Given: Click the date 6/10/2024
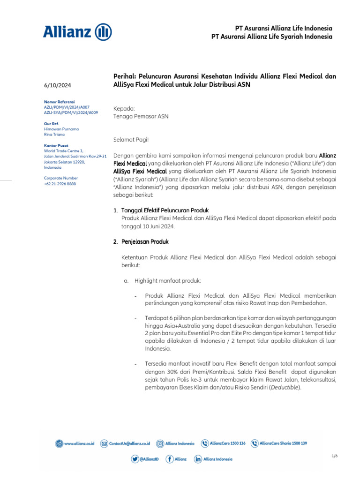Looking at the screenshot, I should click(58, 85).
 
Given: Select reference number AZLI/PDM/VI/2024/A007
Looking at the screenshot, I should click(67, 107).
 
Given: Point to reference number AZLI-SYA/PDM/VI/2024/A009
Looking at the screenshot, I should click(71, 113).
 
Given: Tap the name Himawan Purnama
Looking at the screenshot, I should click(61, 129).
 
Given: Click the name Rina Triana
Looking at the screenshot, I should click(55, 135).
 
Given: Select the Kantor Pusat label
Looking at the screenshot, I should click(56, 145).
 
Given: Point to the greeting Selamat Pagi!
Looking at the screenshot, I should click(131, 139).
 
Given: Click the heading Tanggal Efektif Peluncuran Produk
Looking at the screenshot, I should click(165, 210).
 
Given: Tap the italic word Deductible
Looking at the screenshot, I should click(285, 388).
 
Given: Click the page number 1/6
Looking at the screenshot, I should click(334, 456).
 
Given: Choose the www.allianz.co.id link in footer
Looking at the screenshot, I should click(79, 443).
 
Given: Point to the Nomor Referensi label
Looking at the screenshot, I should click(59, 102).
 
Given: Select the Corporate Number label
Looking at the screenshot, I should click(60, 178).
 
